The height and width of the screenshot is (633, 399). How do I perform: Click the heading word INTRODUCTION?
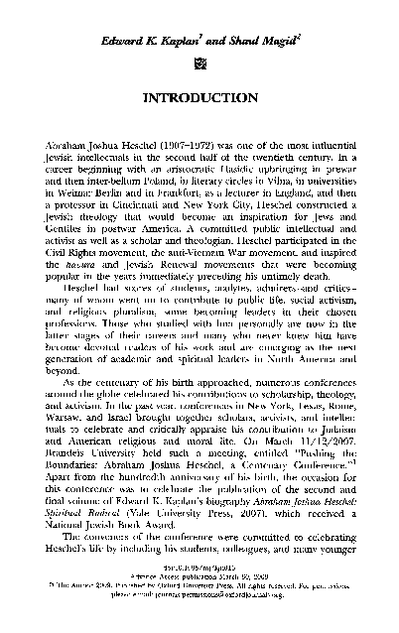pos(199,100)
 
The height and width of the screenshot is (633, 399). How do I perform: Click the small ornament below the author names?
pos(199,62)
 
